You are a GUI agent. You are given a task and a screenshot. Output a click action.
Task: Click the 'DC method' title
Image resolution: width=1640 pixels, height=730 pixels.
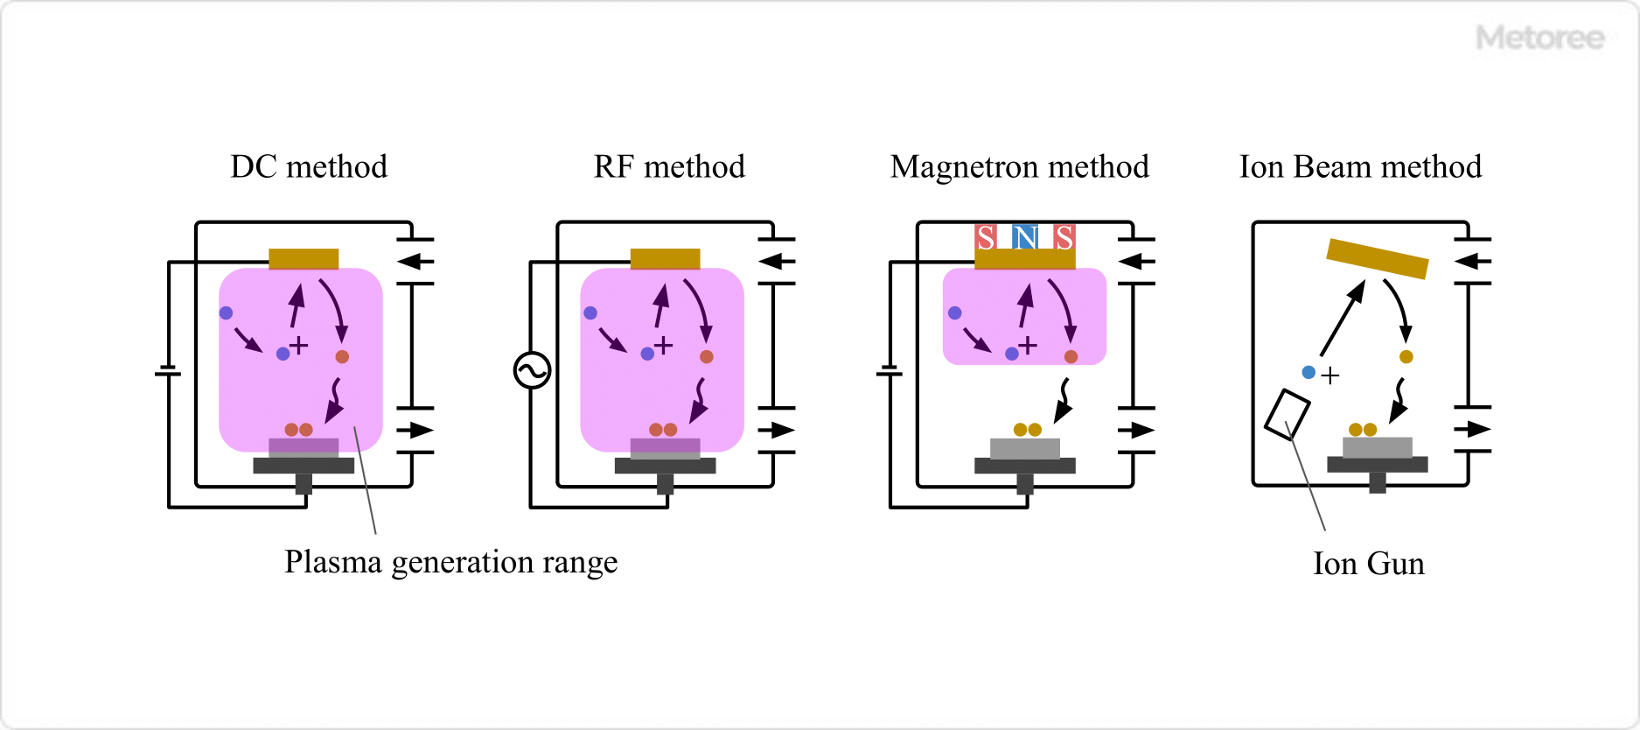[309, 166]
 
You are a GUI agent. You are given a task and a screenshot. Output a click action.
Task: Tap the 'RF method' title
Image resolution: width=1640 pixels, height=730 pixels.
[669, 166]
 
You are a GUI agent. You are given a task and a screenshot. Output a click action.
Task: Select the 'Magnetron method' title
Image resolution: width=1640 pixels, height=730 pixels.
[1019, 166]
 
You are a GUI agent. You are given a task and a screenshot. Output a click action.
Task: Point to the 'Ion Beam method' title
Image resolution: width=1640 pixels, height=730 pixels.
[1360, 166]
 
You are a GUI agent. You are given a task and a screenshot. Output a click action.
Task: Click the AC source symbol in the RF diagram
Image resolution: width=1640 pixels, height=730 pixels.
[532, 370]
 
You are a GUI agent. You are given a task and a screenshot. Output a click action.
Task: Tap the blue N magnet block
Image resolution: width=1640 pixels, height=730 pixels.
[1025, 236]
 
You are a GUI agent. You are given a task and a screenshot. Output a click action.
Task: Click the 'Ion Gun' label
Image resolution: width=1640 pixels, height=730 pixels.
[1368, 564]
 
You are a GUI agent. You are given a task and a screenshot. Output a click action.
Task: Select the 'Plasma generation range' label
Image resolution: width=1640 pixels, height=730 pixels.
[450, 562]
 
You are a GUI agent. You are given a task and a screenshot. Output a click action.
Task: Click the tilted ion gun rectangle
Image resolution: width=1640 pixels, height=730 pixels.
[1287, 415]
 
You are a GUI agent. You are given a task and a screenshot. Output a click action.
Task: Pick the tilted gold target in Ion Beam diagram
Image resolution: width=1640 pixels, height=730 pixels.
[1377, 258]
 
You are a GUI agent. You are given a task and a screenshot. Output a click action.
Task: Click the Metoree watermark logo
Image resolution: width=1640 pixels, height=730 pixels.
[1539, 38]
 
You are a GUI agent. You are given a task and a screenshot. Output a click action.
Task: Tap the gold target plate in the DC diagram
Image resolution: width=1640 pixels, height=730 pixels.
[304, 258]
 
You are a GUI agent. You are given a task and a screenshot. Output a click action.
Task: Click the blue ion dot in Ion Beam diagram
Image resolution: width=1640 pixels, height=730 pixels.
[1309, 372]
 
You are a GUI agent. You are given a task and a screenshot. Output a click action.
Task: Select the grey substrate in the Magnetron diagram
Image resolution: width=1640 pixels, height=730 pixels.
[1025, 448]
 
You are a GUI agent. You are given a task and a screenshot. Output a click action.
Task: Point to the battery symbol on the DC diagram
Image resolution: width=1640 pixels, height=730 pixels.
[168, 372]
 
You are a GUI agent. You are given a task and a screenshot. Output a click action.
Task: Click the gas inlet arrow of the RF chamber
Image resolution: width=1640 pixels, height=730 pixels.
[775, 261]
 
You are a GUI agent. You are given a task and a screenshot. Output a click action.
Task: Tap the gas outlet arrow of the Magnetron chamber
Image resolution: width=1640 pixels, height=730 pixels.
[1136, 430]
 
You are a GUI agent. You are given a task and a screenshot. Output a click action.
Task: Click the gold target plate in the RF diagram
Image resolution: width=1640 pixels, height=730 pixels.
[665, 258]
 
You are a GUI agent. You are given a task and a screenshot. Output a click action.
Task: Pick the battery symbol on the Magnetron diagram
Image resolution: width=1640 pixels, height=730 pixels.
[890, 372]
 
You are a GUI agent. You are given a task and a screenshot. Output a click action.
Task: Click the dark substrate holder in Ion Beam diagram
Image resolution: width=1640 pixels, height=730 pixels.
[1377, 465]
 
